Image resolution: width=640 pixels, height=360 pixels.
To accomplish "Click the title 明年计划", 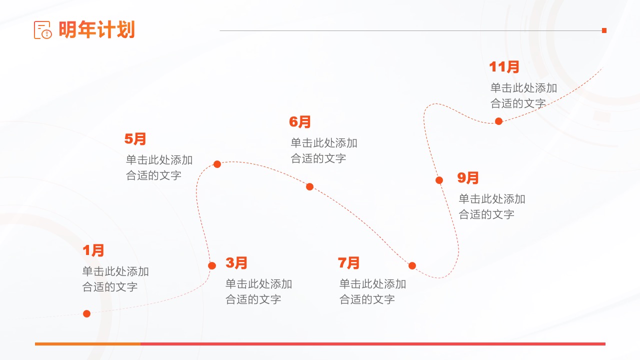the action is point(96,29).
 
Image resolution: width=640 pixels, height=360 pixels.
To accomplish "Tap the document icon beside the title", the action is point(43,29).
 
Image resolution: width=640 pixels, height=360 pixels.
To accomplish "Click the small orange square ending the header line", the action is point(604,30).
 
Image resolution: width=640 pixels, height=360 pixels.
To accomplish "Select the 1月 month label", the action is point(93,250).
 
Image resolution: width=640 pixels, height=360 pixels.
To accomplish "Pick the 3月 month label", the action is point(236,263).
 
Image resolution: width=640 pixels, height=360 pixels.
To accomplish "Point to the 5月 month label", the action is point(135,139).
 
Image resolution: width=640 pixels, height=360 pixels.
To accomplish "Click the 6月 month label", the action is point(299,122).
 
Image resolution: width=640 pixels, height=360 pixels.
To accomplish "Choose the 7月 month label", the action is point(348,263).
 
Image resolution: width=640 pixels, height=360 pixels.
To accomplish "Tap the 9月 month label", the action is point(467,178).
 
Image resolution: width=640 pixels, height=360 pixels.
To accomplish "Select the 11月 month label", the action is point(504,67).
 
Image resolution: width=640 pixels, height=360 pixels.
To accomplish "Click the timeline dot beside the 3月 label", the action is point(212,265).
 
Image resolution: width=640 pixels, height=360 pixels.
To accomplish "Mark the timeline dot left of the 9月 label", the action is point(439,180).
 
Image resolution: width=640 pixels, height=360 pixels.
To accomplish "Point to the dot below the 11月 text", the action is point(498,121).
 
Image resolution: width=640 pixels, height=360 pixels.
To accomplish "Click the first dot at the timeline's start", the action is point(86,313).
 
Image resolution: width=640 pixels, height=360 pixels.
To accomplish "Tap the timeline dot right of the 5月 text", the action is point(217,164).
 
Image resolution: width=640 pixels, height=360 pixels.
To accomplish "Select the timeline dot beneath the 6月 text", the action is point(309,187).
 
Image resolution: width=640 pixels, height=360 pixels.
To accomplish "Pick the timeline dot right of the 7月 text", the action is point(412,265).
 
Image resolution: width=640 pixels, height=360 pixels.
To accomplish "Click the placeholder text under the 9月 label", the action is point(492,206).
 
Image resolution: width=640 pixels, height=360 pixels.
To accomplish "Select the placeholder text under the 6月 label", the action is point(324,150).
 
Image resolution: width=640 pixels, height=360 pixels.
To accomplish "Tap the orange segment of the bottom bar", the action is point(87,344).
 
